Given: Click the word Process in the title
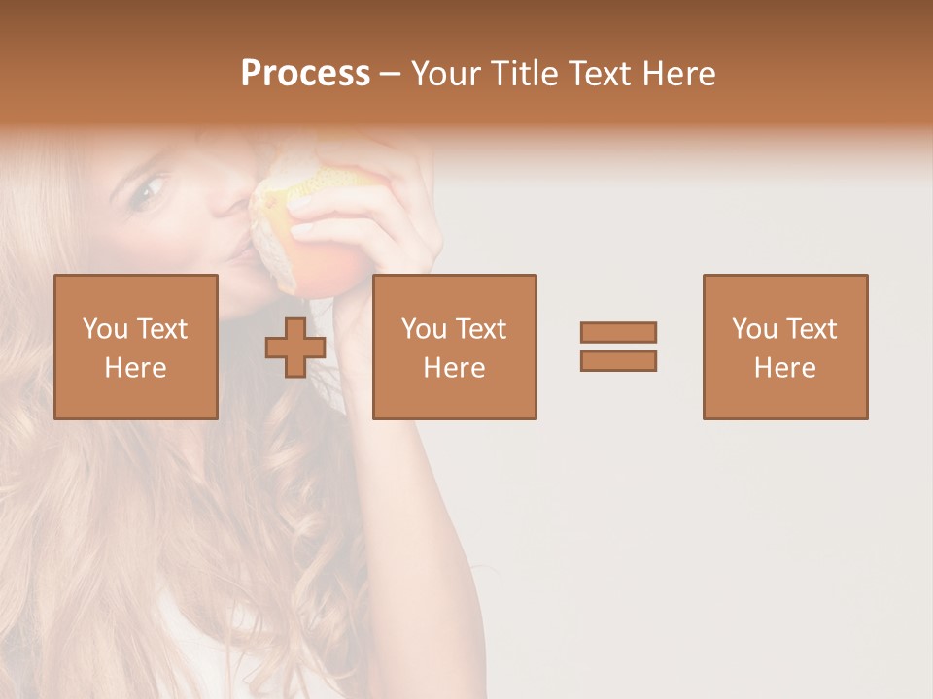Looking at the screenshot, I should point(305,74).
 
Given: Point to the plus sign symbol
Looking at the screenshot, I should point(295,348).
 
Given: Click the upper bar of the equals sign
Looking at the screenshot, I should point(618,332).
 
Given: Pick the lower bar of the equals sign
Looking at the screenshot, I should point(618,361).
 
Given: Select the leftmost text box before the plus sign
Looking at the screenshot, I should point(135,347).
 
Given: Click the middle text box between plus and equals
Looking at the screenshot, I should point(454,347).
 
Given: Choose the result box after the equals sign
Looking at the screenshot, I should point(784,347).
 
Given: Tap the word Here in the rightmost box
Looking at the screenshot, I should point(784,368).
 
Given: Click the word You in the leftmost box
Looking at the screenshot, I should point(104,329).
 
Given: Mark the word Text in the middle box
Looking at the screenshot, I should point(481,329).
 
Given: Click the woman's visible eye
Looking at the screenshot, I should point(149,190).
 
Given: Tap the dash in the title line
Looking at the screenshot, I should point(390,74).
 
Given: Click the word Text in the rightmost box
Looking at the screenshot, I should point(812,329).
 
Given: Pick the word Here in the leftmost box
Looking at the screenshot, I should point(135,368).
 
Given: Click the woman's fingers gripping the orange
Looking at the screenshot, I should point(335,209).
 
